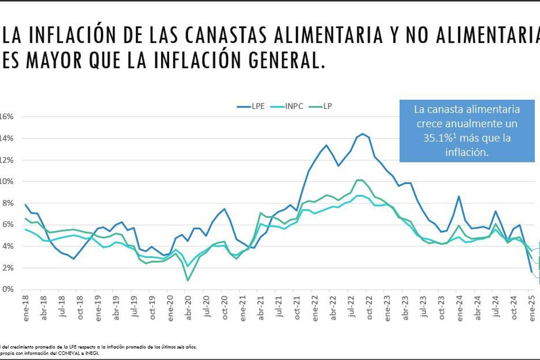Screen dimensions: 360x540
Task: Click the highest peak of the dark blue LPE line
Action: click(x=363, y=134)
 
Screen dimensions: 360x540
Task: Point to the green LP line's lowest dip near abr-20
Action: click(x=188, y=280)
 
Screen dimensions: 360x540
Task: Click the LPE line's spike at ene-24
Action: click(x=459, y=196)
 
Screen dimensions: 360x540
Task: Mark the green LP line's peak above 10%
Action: click(x=359, y=180)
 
